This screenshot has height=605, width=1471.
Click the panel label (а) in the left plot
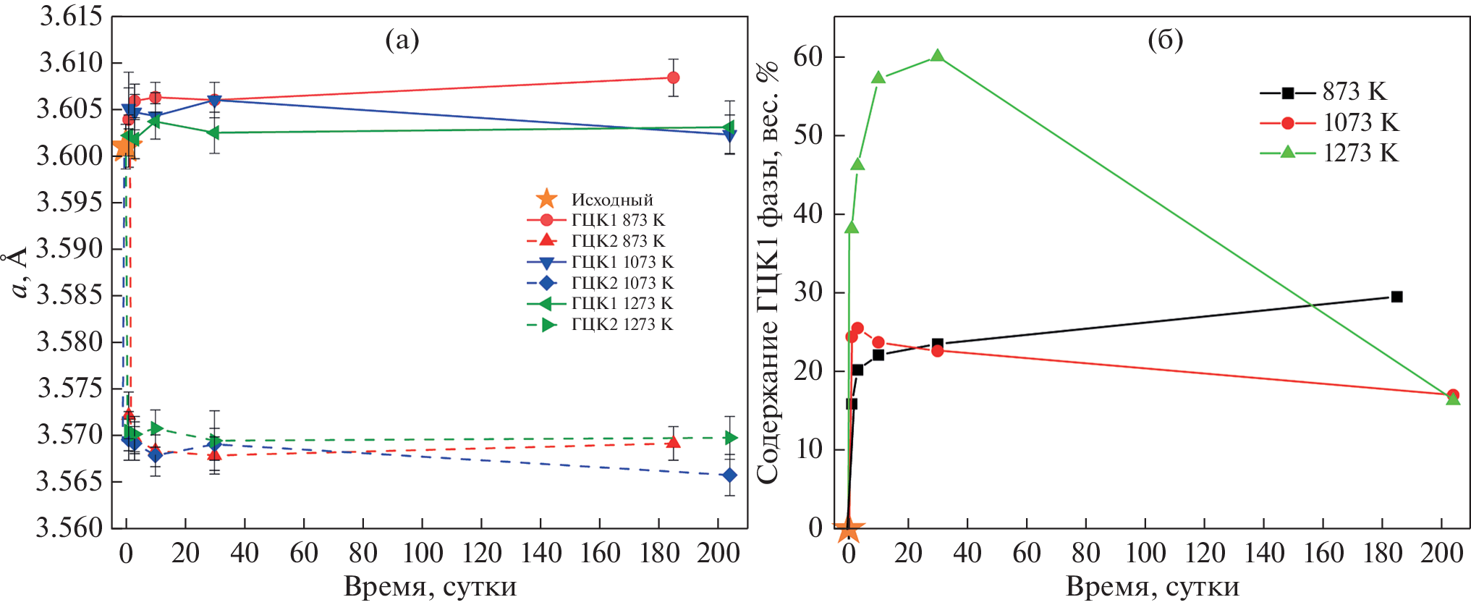(x=402, y=41)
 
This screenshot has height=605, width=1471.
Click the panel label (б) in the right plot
(x=1166, y=40)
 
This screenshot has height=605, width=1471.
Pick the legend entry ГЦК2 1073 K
(x=601, y=283)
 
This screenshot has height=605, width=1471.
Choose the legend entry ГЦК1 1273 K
(x=601, y=303)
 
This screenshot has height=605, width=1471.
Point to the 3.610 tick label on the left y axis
(x=70, y=62)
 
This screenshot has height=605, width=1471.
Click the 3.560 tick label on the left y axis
(x=70, y=528)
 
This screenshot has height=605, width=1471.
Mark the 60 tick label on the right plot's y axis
(x=808, y=56)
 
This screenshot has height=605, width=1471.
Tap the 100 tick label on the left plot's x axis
(x=423, y=554)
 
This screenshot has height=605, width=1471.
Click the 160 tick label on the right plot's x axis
(x=1323, y=554)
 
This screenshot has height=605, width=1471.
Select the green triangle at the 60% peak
(x=937, y=56)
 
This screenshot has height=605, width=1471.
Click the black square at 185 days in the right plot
(x=1397, y=297)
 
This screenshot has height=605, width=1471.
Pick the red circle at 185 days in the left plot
(x=673, y=77)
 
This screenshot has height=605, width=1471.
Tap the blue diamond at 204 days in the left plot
(x=729, y=475)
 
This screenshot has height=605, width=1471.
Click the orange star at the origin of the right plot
(x=849, y=530)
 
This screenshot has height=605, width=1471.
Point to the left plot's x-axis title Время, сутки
(x=430, y=586)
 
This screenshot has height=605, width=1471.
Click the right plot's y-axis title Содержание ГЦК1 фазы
(x=768, y=272)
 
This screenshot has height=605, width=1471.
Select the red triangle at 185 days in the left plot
(x=673, y=441)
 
